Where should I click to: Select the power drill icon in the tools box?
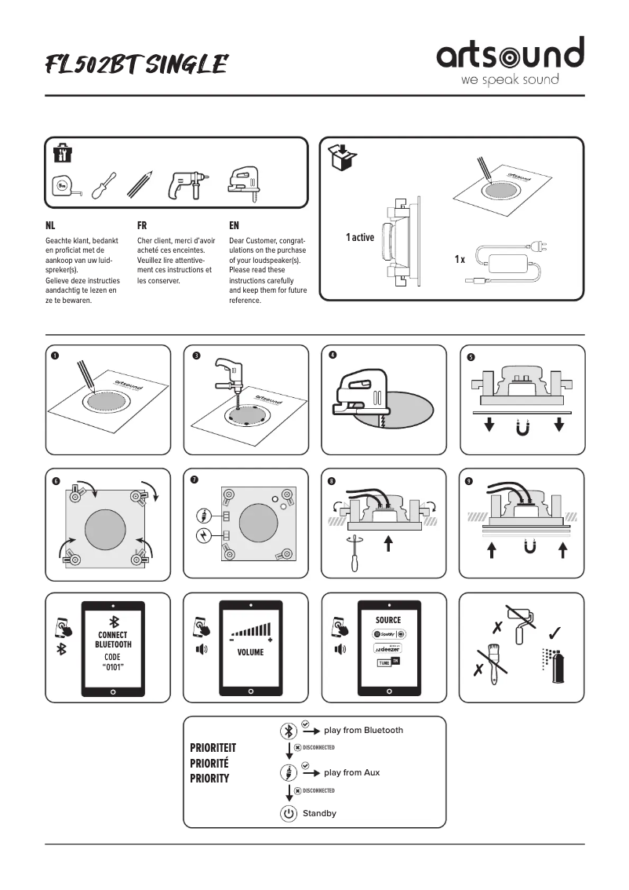tap(185, 185)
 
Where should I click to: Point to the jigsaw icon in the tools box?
tap(243, 182)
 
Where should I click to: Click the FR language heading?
tap(142, 224)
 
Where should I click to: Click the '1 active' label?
tap(360, 237)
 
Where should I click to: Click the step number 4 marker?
tap(333, 355)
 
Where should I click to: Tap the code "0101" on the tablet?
tap(113, 666)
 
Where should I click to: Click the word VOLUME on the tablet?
tap(251, 652)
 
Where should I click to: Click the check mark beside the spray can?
tap(554, 631)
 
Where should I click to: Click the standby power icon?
tap(289, 813)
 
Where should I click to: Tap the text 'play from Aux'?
tap(351, 772)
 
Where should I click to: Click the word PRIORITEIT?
tap(213, 748)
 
